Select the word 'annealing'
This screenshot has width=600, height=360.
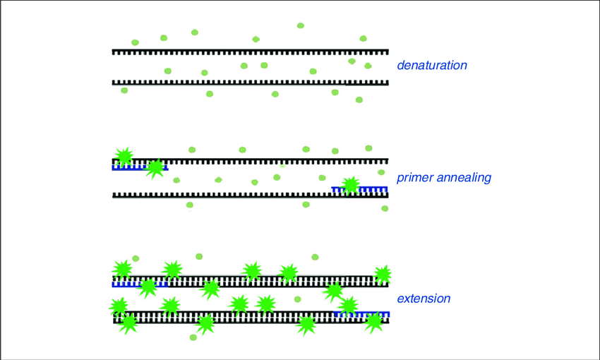(x=465, y=178)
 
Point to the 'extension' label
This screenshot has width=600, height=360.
(x=424, y=299)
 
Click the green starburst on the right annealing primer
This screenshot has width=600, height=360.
(x=349, y=186)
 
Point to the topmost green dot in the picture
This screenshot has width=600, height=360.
(x=301, y=25)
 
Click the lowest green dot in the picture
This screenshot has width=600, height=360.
(x=193, y=337)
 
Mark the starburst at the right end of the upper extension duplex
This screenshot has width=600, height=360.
(x=383, y=275)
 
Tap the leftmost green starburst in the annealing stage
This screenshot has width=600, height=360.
(x=124, y=157)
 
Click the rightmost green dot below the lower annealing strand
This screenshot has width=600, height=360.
(x=385, y=208)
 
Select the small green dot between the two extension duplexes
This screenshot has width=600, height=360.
(x=298, y=299)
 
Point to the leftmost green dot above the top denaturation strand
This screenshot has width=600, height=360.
(x=135, y=42)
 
